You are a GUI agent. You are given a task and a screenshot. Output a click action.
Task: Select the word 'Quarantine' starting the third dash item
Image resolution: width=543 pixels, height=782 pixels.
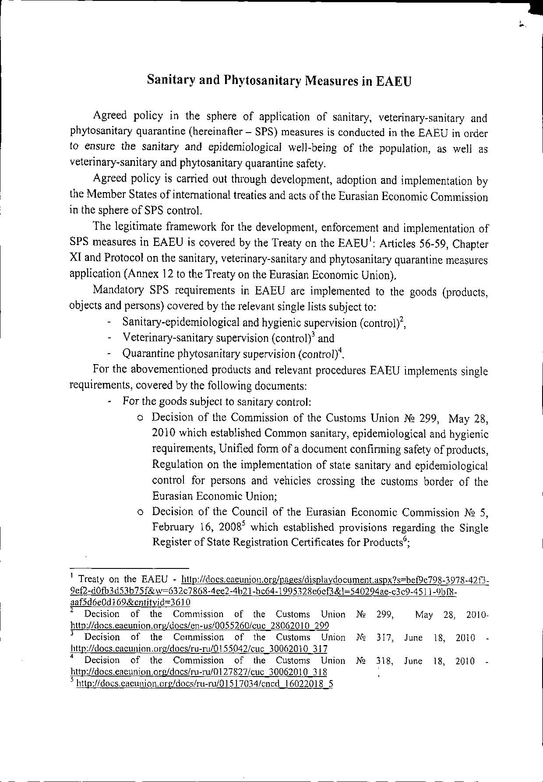pos(145,354)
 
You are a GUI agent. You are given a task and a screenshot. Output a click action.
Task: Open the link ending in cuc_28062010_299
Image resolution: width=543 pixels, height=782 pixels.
pos(200,626)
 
